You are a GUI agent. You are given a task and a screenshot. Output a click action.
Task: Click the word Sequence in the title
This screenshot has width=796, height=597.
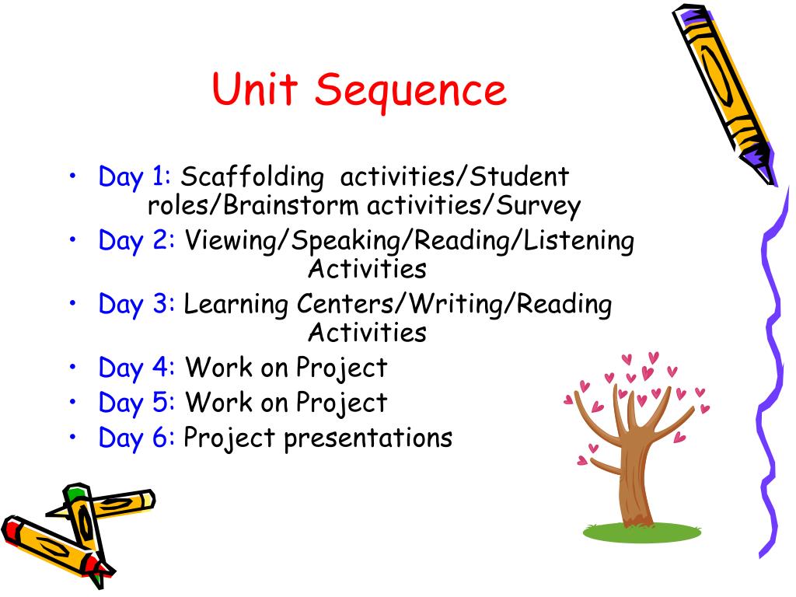tap(411, 91)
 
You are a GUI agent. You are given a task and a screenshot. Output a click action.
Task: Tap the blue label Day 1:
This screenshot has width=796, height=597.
tap(134, 178)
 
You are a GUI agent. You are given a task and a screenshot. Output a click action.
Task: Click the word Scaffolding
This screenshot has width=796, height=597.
tap(252, 178)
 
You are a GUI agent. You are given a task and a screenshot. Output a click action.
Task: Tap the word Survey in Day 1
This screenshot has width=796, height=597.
tap(539, 207)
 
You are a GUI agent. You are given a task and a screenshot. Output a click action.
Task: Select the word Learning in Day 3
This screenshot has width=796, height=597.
tap(236, 304)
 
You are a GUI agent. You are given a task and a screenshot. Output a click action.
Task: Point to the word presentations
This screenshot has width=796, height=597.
tap(368, 438)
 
